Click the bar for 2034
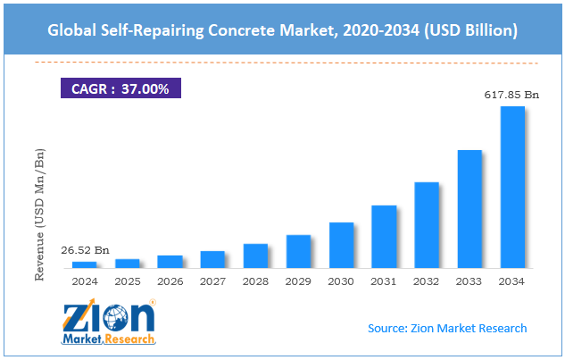(512, 187)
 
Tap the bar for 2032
(427, 225)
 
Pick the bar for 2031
(384, 237)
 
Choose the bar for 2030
(341, 245)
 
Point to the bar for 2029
(298, 251)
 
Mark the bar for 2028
(255, 255)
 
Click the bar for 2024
(84, 264)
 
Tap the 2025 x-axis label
(127, 280)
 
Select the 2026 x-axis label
(170, 280)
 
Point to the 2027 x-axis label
(212, 280)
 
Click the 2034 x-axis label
(512, 280)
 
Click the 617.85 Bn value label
(511, 94)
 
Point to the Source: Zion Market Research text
(447, 329)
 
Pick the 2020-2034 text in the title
(369, 31)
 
